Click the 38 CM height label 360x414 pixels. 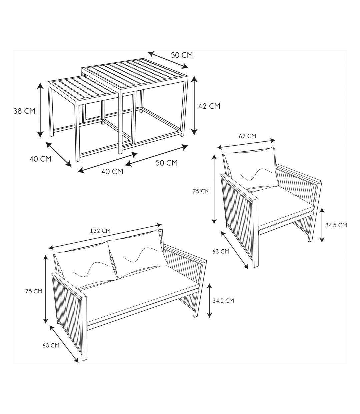click(x=24, y=111)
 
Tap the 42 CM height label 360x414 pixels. click(x=209, y=106)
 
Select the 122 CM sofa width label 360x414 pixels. click(x=100, y=231)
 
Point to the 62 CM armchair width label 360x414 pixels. click(x=247, y=136)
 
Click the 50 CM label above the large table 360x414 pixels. click(x=182, y=55)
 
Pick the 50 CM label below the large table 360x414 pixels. click(x=166, y=163)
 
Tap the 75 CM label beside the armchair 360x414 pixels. click(x=201, y=191)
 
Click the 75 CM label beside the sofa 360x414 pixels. click(x=34, y=291)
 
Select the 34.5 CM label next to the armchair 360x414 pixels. click(x=336, y=225)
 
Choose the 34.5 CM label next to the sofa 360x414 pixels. click(x=223, y=301)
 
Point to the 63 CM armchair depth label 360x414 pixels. click(x=221, y=251)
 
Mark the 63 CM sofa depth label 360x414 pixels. click(x=51, y=345)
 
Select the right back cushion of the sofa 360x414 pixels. click(x=137, y=253)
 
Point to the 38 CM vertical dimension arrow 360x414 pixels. click(x=40, y=110)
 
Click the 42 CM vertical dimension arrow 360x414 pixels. click(x=194, y=105)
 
